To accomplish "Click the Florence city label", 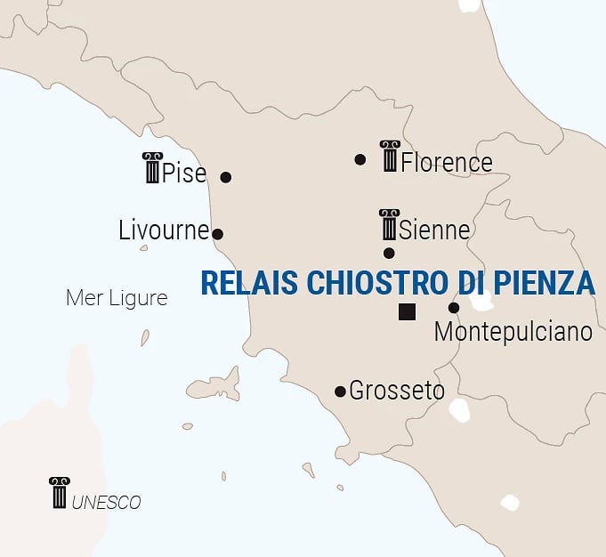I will (x=446, y=163).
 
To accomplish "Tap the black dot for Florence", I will (x=360, y=160).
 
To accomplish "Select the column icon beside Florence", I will (x=389, y=156).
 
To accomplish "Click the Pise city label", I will (x=184, y=173).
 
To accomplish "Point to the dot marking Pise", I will (x=226, y=177).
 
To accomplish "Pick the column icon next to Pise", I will (x=151, y=167).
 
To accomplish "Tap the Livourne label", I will (x=164, y=230).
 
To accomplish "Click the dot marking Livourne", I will (x=218, y=235).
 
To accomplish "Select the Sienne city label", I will (x=434, y=230).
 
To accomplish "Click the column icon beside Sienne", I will (x=389, y=224).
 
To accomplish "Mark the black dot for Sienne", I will (x=389, y=253).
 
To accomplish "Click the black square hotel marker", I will (x=407, y=311).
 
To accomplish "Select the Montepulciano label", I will (x=513, y=332).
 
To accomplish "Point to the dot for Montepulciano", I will (x=454, y=308).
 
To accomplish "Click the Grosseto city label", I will (x=397, y=390).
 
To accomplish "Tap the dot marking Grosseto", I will (x=340, y=392).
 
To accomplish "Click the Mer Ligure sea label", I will (x=117, y=298).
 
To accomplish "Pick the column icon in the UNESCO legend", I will (x=59, y=492).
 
